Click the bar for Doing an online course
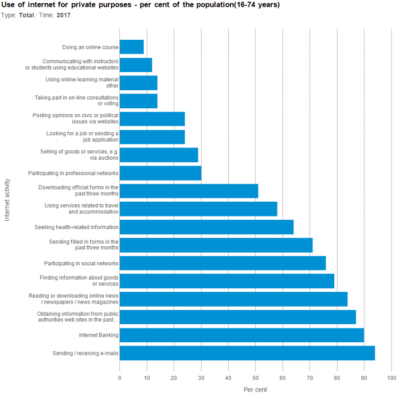tap(132, 47)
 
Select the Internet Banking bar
tap(242, 335)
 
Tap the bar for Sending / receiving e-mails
tap(247, 353)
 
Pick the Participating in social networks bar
tap(223, 263)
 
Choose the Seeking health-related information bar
tap(206, 227)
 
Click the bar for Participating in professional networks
tap(160, 173)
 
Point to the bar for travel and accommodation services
tap(198, 209)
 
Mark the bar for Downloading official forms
tap(189, 191)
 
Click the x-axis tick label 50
tap(255, 378)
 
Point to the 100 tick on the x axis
tap(392, 378)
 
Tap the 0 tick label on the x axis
tap(120, 378)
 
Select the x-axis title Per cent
tap(255, 390)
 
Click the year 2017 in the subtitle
tap(64, 15)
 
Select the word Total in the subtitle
tap(26, 15)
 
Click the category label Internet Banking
tap(99, 335)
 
